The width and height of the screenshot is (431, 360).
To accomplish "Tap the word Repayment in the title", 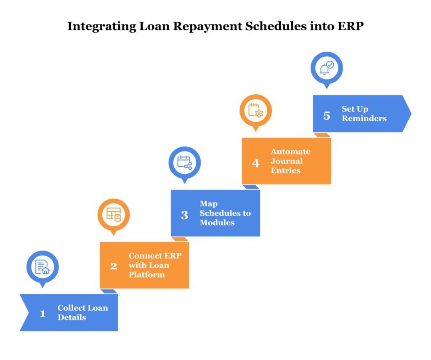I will [193, 27].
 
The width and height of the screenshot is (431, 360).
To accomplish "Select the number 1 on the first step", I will [42, 313].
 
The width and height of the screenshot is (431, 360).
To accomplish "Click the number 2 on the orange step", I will [113, 266].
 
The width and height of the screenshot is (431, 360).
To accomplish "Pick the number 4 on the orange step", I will [255, 163].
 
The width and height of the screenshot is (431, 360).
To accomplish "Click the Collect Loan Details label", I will [82, 312].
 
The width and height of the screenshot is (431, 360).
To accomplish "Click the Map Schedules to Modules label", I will [225, 213].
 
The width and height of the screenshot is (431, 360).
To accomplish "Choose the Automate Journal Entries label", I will [290, 161].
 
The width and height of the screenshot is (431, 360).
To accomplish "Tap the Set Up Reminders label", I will [364, 114].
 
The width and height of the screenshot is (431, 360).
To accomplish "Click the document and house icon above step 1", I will [43, 267].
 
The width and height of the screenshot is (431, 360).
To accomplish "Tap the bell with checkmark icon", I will [327, 67].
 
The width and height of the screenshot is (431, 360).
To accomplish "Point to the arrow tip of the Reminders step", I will [410, 114].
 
